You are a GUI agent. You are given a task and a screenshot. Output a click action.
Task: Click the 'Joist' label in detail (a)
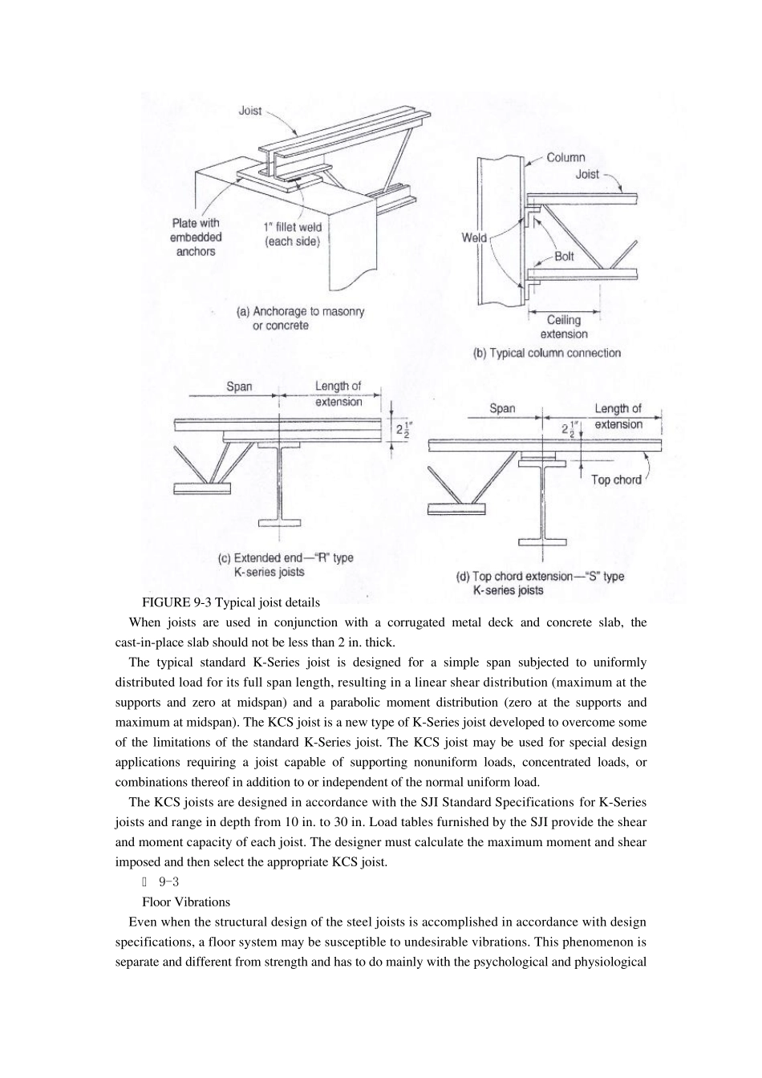pyautogui.click(x=250, y=111)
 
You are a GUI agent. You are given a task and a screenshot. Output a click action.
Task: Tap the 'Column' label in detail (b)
pyautogui.click(x=565, y=158)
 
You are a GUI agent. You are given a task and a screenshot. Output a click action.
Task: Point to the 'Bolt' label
pyautogui.click(x=564, y=257)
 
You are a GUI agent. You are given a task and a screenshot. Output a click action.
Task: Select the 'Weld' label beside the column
pyautogui.click(x=474, y=237)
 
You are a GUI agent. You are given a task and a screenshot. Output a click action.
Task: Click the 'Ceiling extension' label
pyautogui.click(x=564, y=327)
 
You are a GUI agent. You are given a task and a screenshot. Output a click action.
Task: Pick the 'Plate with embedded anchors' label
pyautogui.click(x=196, y=237)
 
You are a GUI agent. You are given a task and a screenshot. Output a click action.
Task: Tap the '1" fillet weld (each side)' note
pyautogui.click(x=293, y=234)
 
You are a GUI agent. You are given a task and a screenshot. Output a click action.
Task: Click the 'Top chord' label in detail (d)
pyautogui.click(x=616, y=480)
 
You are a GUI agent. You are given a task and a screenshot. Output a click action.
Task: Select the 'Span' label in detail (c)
pyautogui.click(x=239, y=387)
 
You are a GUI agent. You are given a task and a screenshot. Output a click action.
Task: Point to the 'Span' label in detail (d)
pyautogui.click(x=502, y=408)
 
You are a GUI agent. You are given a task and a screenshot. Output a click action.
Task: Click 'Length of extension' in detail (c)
pyautogui.click(x=338, y=394)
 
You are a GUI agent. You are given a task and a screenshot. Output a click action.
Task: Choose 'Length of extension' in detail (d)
pyautogui.click(x=618, y=416)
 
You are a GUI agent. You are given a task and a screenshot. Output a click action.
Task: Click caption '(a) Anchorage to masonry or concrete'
pyautogui.click(x=300, y=318)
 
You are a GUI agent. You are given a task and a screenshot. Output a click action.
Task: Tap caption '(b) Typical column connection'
pyautogui.click(x=547, y=353)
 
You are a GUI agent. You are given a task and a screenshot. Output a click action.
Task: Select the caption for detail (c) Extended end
pyautogui.click(x=286, y=565)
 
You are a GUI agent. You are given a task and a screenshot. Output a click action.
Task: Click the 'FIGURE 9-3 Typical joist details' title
pyautogui.click(x=231, y=602)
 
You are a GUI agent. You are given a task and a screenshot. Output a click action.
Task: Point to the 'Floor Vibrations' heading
pyautogui.click(x=186, y=902)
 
